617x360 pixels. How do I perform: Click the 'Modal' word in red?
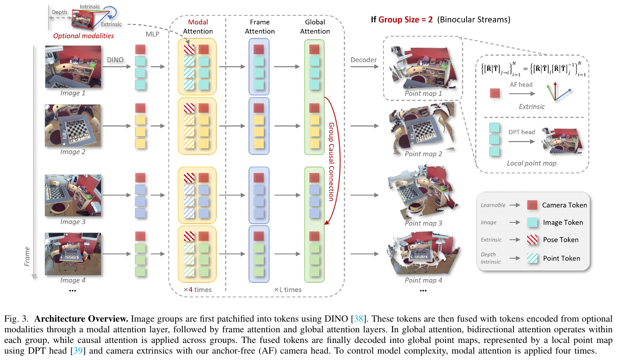(198, 22)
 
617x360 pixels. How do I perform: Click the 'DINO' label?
(115, 60)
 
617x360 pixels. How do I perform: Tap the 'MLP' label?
(152, 34)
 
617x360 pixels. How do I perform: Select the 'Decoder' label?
(363, 60)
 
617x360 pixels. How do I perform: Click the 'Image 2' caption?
(73, 152)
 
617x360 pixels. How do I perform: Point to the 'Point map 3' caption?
(423, 223)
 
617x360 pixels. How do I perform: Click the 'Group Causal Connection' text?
(332, 162)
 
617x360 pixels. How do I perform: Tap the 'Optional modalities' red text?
(84, 36)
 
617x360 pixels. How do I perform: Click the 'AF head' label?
(521, 84)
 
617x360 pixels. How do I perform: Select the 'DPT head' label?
(522, 132)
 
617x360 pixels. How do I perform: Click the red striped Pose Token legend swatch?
(532, 239)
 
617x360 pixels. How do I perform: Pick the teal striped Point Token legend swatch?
(532, 258)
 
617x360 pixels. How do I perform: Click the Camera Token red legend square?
(532, 205)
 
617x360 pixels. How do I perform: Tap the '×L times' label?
(288, 289)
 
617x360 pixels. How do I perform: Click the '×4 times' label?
(197, 289)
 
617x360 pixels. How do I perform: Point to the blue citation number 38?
(358, 319)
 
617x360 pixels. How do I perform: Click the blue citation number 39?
(78, 351)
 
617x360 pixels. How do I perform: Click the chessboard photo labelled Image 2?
(73, 125)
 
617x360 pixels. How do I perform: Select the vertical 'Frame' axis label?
(27, 257)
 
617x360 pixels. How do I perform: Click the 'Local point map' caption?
(532, 163)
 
